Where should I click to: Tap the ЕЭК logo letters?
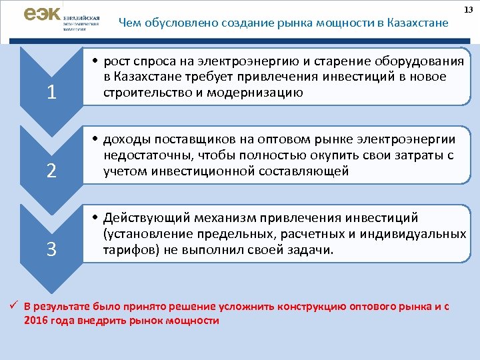[x=43, y=14]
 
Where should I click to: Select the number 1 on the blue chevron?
[x=51, y=93]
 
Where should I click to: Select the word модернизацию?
[x=259, y=93]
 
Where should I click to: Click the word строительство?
[x=147, y=93]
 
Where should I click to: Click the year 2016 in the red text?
[x=35, y=321]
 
